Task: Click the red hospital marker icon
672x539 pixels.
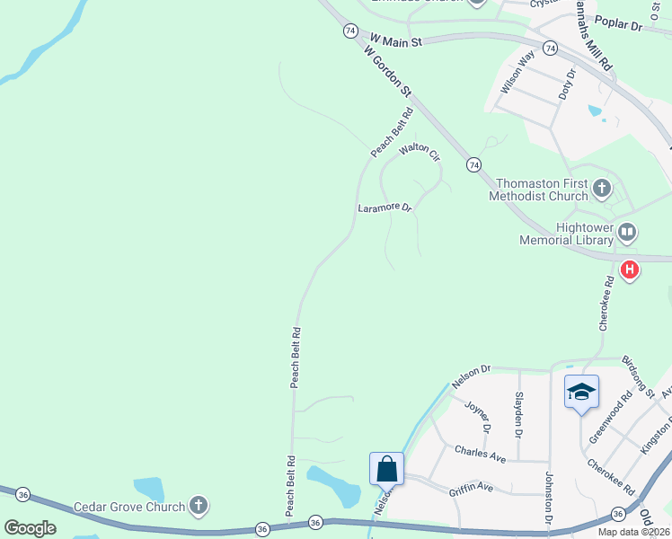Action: click(630, 269)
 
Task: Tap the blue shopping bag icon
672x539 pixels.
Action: click(386, 469)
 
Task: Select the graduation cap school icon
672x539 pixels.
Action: click(581, 392)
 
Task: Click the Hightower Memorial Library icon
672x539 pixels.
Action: click(627, 234)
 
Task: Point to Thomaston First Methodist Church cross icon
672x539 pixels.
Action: click(601, 190)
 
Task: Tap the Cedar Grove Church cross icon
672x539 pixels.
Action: click(199, 507)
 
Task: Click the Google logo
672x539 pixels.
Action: click(30, 528)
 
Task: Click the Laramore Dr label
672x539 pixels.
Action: click(385, 208)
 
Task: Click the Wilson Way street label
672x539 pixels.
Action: click(518, 72)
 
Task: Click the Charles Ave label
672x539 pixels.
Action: click(480, 453)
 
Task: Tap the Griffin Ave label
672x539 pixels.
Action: click(471, 487)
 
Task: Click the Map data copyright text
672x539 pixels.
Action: click(634, 532)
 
